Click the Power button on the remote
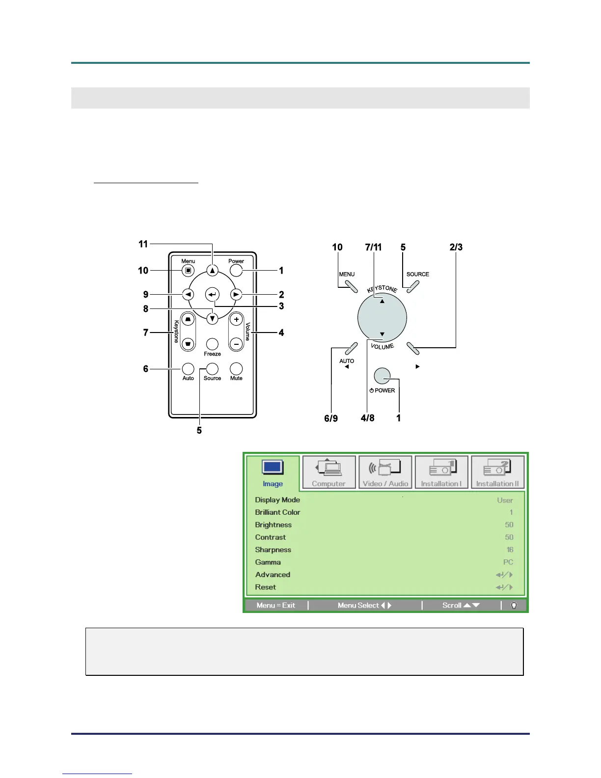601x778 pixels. coord(236,270)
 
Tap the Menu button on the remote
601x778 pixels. coord(188,270)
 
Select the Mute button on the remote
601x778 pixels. coord(236,368)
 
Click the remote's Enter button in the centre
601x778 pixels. coord(212,295)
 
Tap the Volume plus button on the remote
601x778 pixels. coord(236,320)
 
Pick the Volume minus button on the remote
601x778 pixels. coord(236,344)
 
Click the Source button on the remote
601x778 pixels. coord(212,368)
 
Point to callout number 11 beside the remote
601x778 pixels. coord(143,244)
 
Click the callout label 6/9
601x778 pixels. coord(331,418)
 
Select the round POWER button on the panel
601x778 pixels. coord(382,376)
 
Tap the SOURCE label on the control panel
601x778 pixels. coord(417,274)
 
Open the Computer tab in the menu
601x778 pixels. coord(329,472)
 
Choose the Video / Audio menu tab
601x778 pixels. coord(385,472)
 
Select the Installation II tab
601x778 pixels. coord(497,472)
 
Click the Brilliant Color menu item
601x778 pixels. coord(277,512)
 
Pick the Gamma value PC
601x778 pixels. coord(508,562)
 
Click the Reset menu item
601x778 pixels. coord(266,587)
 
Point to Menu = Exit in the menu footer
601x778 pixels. coord(276,606)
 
